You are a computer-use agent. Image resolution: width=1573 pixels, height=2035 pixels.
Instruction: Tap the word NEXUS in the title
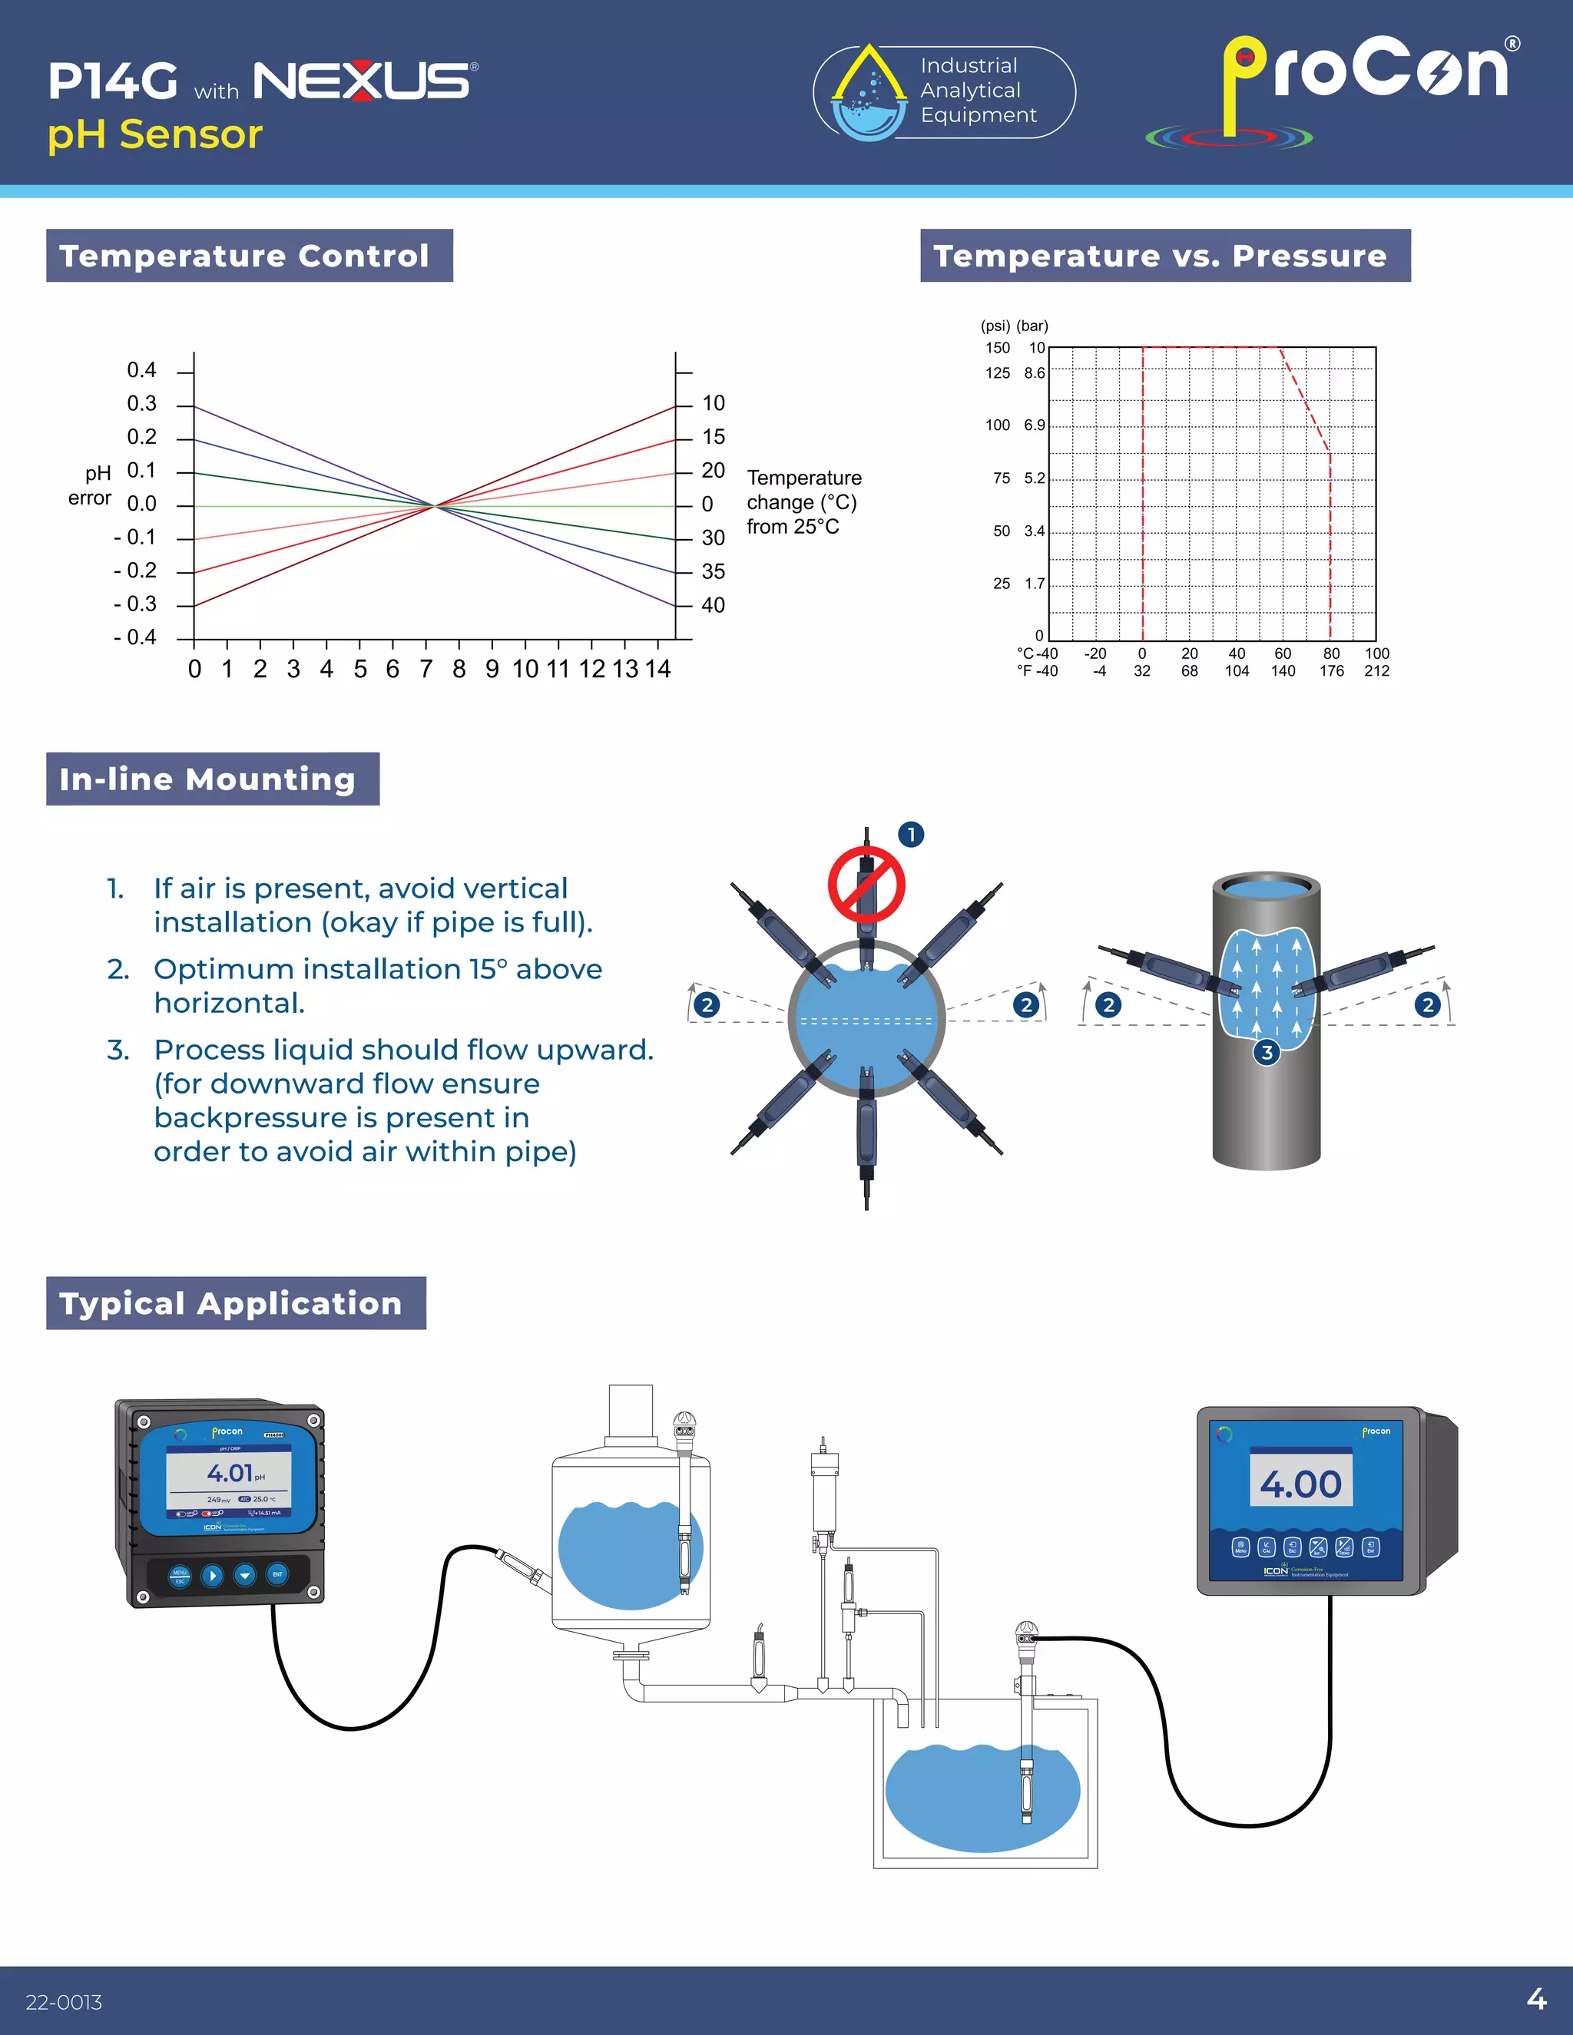pyautogui.click(x=363, y=81)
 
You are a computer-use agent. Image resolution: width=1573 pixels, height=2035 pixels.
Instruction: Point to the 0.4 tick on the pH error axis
pyautogui.click(x=141, y=370)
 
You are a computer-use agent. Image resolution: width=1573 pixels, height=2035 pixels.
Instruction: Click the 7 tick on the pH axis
pyautogui.click(x=426, y=669)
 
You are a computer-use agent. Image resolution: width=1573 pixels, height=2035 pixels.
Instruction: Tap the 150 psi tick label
pyautogui.click(x=997, y=348)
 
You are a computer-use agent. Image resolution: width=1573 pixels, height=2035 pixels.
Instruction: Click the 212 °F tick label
pyautogui.click(x=1376, y=671)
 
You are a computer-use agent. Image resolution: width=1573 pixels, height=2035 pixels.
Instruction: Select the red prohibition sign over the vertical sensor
pyautogui.click(x=866, y=884)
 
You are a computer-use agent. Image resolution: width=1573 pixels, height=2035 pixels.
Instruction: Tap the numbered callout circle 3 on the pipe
pyautogui.click(x=1267, y=1053)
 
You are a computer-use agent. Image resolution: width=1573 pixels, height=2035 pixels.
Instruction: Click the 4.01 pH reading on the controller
pyautogui.click(x=230, y=1473)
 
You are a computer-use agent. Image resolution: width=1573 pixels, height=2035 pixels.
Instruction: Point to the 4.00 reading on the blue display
pyautogui.click(x=1300, y=1484)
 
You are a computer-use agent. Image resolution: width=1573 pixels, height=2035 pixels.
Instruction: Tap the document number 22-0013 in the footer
pyautogui.click(x=65, y=2001)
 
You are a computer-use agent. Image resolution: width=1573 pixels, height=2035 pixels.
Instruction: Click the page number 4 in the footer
pyautogui.click(x=1535, y=1999)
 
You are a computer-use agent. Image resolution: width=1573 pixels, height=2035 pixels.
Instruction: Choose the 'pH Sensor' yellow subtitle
pyautogui.click(x=154, y=134)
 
